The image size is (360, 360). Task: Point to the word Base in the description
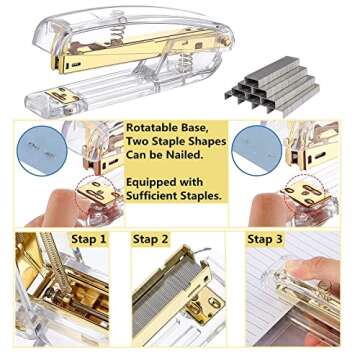pyautogui.click(x=211, y=128)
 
